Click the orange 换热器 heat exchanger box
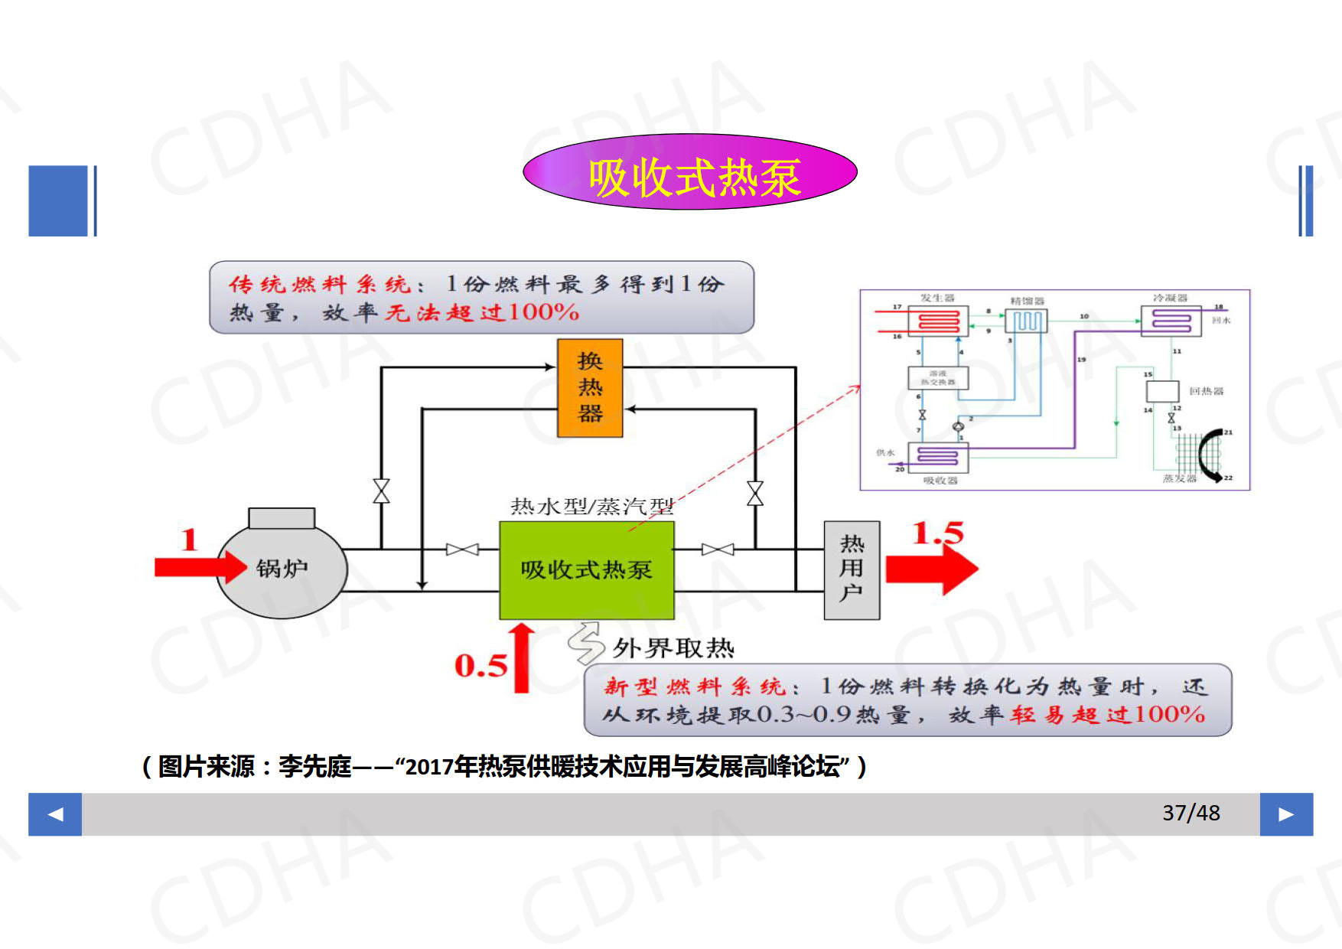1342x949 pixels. (589, 388)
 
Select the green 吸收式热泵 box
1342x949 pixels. (586, 570)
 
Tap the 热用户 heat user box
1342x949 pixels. (852, 570)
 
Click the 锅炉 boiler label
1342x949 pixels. (282, 569)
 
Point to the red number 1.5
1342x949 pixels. (937, 533)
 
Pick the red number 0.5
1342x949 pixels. (480, 666)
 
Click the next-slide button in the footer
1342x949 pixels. (1286, 814)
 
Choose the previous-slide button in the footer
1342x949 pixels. (55, 814)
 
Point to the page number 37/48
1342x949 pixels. (1191, 813)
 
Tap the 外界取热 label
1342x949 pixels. (673, 649)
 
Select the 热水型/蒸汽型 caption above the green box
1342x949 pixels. (591, 506)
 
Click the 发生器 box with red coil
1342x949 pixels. (938, 321)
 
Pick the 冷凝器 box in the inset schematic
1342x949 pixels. (1171, 321)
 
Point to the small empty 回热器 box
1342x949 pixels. (1161, 391)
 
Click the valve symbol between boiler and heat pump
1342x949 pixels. (462, 550)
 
